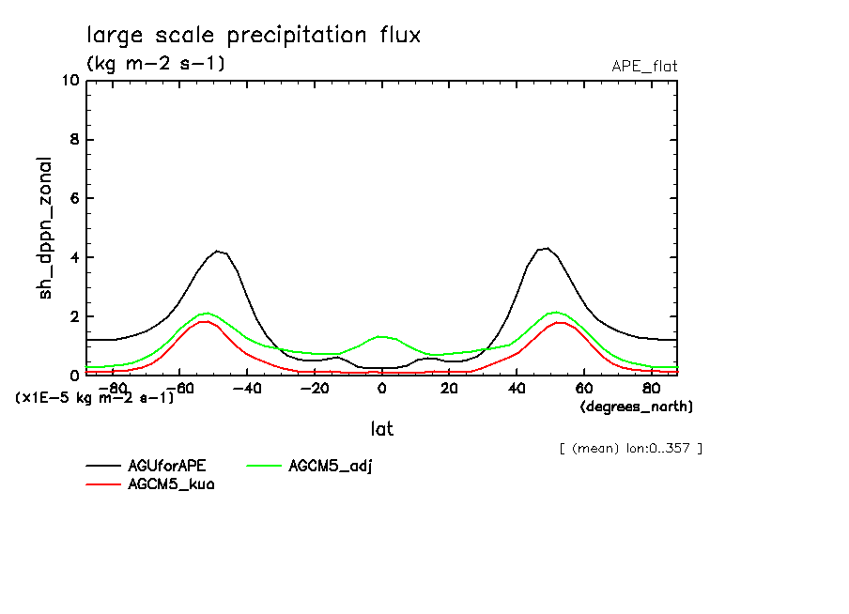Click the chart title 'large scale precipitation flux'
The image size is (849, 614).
tap(254, 36)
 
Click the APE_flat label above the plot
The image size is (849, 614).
tap(644, 66)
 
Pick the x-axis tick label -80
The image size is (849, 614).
tap(112, 388)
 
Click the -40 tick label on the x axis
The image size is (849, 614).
tap(246, 388)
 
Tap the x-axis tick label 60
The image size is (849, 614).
tap(583, 388)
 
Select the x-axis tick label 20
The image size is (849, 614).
tap(449, 388)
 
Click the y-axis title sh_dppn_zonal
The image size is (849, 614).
tap(45, 228)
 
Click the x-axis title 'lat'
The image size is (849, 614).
tap(381, 429)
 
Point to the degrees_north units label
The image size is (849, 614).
tap(637, 407)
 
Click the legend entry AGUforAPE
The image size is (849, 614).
tap(167, 466)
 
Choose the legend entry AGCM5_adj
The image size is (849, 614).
tap(330, 466)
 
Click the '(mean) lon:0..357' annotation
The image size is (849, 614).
tap(630, 448)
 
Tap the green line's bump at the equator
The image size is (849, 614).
tap(381, 335)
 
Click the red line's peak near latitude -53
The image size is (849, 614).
tap(204, 321)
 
